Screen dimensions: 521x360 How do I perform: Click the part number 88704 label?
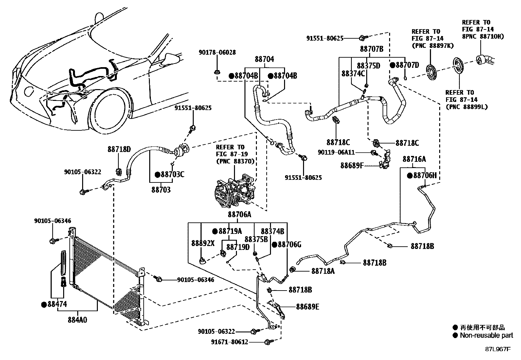(264, 59)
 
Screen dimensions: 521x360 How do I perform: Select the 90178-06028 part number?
(217, 52)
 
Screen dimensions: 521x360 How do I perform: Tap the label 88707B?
(371, 49)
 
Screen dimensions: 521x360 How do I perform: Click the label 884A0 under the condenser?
(78, 320)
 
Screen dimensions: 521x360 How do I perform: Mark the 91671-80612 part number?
(229, 342)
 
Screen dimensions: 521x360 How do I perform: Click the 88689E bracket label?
(308, 307)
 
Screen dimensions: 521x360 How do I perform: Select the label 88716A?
(414, 159)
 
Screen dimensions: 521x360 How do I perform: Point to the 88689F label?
(352, 165)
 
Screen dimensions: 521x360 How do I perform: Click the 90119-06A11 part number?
(336, 152)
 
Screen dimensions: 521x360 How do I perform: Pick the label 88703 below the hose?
(161, 190)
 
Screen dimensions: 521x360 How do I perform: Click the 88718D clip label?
(119, 149)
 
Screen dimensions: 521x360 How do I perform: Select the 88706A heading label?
(239, 214)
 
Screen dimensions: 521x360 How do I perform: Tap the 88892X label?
(203, 243)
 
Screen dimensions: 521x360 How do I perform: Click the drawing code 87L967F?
(498, 349)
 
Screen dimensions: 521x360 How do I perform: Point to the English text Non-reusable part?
(486, 335)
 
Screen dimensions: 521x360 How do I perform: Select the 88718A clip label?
(323, 271)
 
